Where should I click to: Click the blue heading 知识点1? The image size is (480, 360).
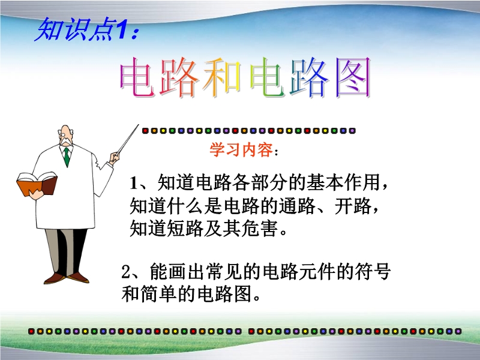pos(87,29)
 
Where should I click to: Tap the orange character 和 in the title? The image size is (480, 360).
pos(221,77)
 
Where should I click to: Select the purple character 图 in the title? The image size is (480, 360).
pos(353,77)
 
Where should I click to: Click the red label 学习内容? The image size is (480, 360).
pos(241,150)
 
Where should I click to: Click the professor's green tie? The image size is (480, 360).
pos(67,157)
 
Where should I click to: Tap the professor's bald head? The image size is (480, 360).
pos(65,131)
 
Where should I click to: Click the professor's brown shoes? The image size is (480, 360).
pos(67,278)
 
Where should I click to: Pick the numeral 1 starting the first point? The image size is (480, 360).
pos(134,183)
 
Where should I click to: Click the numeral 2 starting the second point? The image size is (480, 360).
pos(126,272)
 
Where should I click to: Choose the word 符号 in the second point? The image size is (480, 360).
pos(372,272)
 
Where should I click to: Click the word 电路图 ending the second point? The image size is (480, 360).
pos(224,294)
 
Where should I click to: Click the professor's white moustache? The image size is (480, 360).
pos(65,142)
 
